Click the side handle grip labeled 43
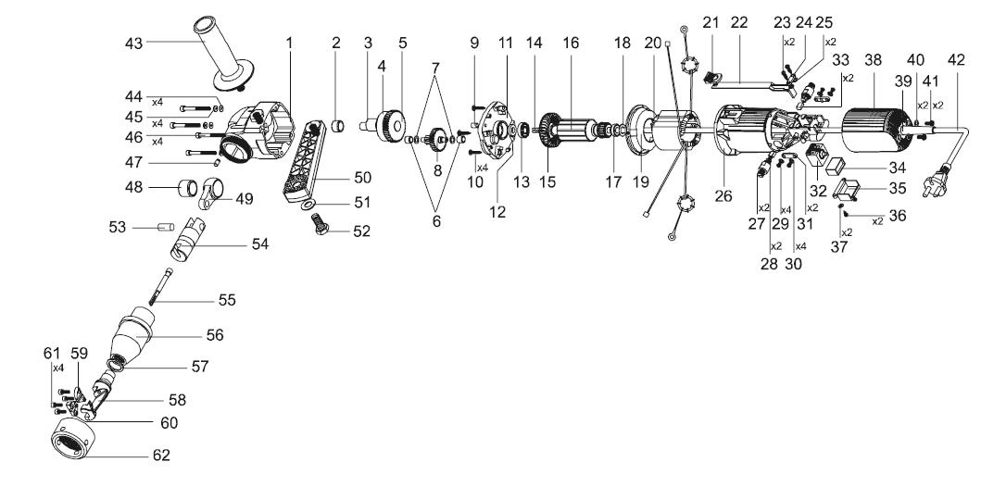(219, 56)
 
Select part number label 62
(161, 455)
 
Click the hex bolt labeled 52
(320, 224)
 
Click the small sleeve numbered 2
(338, 126)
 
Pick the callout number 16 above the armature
(571, 44)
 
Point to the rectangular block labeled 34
(836, 165)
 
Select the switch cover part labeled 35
(848, 190)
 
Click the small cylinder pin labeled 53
(165, 226)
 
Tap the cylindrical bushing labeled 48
(188, 188)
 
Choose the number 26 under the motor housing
(723, 195)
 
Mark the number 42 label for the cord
(956, 60)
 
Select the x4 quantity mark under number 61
(58, 368)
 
